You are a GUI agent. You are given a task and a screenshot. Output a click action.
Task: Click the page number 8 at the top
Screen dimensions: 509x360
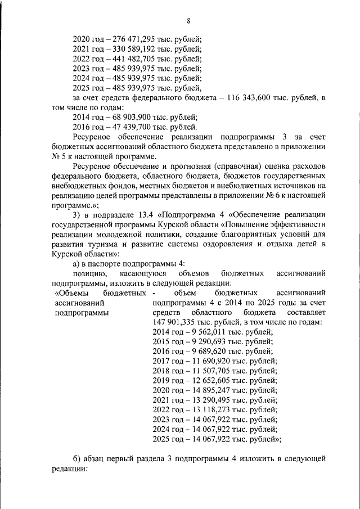click(x=188, y=21)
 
